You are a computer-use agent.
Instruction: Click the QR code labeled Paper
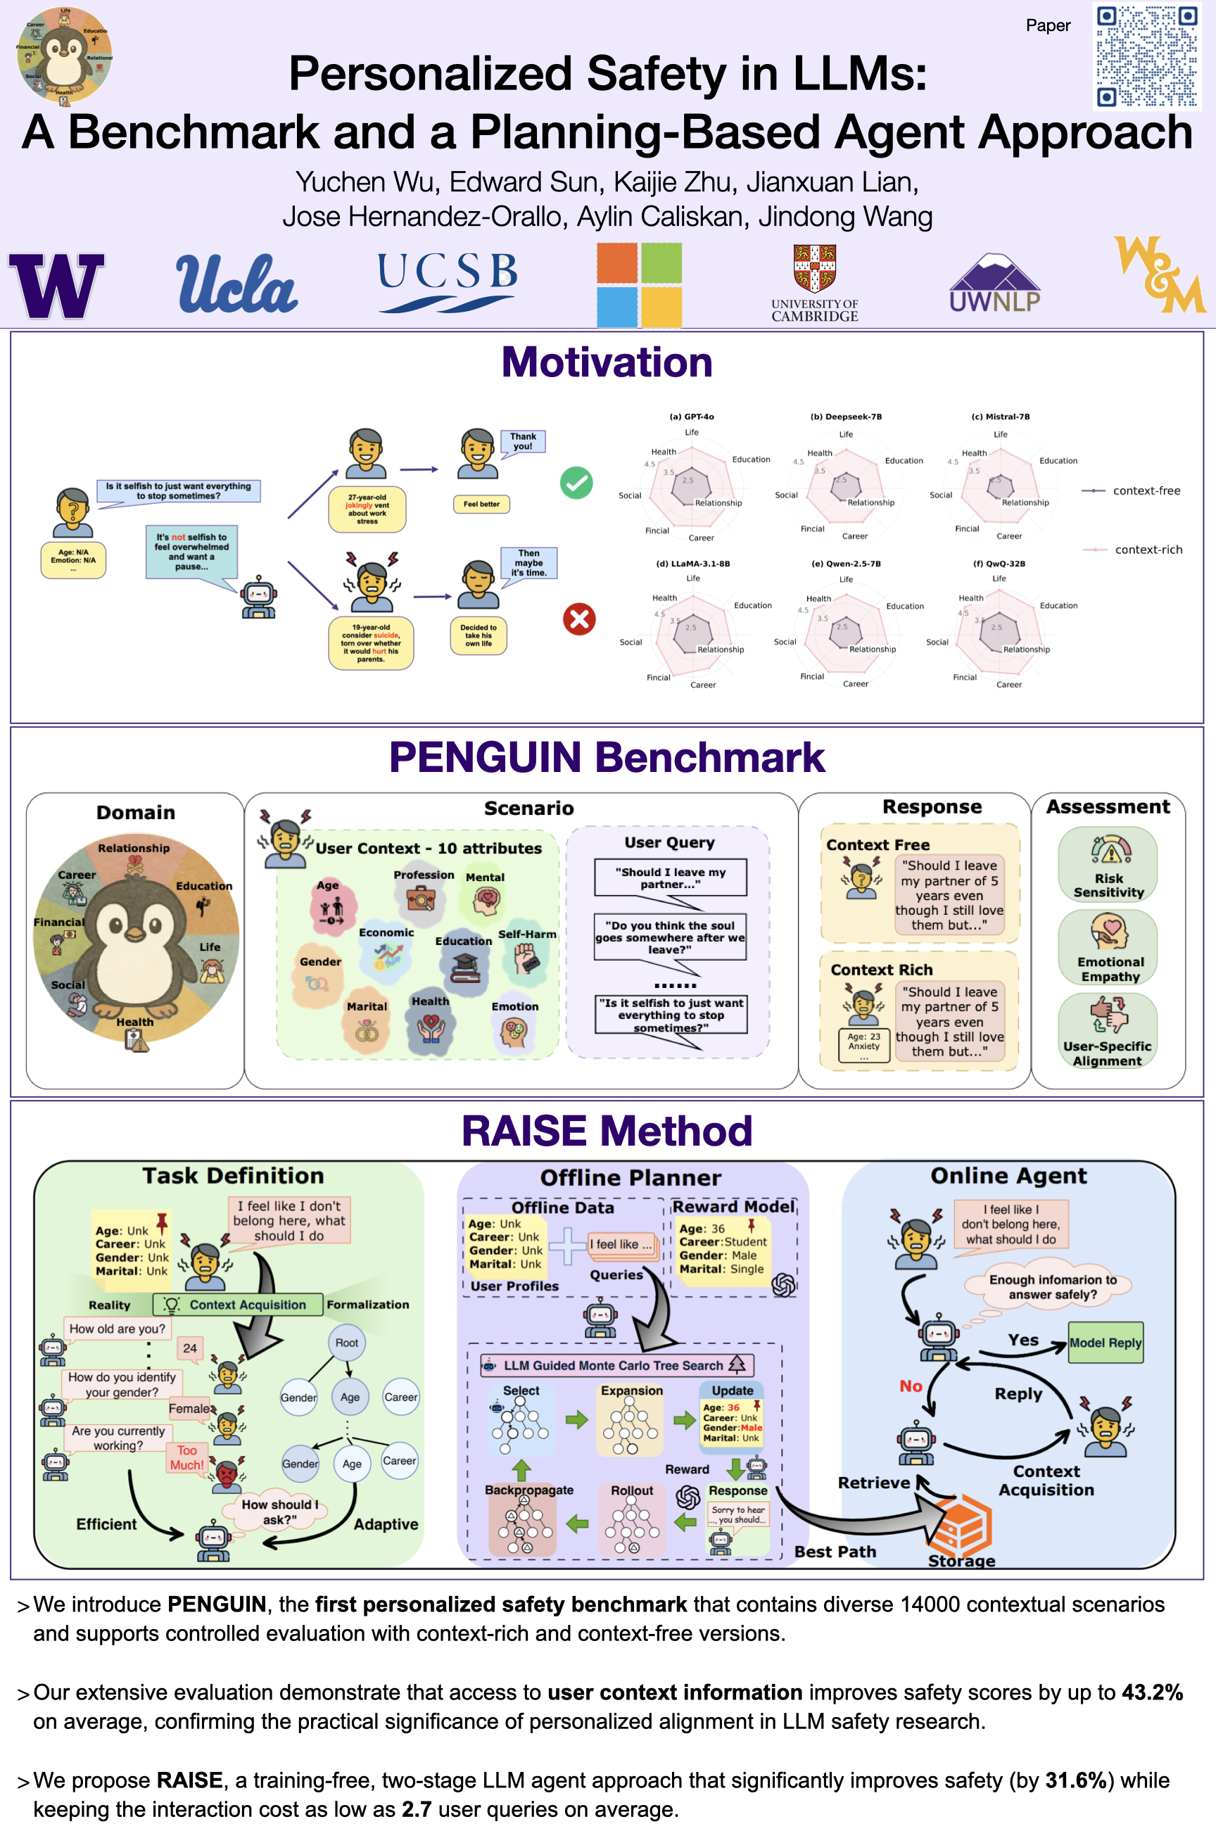tap(1146, 56)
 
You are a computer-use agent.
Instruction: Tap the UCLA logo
tap(236, 284)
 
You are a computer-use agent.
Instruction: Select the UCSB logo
tap(448, 281)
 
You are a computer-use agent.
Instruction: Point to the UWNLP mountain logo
tap(995, 283)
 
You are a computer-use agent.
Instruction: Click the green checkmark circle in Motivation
tap(576, 483)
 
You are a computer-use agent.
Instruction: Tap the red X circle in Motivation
tap(578, 619)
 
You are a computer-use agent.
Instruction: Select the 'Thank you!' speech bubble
tap(523, 441)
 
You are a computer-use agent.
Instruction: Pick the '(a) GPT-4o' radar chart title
tap(692, 417)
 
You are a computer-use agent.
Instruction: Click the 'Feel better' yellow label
tap(481, 504)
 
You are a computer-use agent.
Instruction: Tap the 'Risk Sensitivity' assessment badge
tap(1108, 864)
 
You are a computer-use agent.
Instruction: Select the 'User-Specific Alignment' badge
tap(1108, 1031)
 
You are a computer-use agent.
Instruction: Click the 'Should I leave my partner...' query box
tap(670, 878)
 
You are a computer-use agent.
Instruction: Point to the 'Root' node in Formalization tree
tap(347, 1343)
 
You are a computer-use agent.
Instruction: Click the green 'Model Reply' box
tap(1105, 1343)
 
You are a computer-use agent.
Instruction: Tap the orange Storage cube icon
tap(960, 1525)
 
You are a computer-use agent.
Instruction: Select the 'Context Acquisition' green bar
tap(238, 1305)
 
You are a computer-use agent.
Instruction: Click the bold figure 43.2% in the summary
tap(1152, 1692)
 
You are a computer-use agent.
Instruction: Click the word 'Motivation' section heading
tap(607, 362)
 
